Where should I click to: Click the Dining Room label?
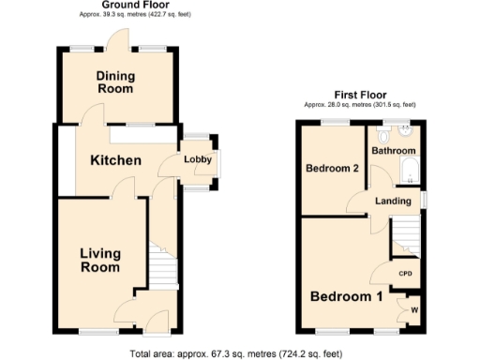point(115,82)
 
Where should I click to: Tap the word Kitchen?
point(115,160)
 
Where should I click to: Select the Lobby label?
point(197,159)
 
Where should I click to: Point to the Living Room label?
point(99,260)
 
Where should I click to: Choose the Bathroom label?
point(392,150)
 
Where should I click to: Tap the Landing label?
point(394,201)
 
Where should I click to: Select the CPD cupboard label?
point(406,274)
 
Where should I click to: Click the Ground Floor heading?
point(115,5)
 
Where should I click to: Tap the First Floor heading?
point(361,95)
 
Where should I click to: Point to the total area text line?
point(240,353)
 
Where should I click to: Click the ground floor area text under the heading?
point(115,15)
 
